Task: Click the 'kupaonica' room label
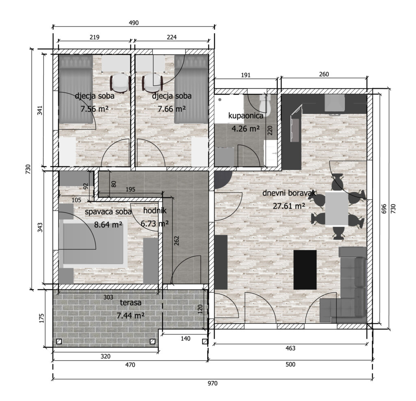tap(246, 116)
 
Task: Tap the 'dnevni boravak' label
tap(289, 193)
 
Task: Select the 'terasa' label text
tap(130, 303)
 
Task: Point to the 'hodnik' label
tap(155, 210)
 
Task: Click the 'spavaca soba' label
tap(108, 212)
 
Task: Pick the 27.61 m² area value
tap(289, 206)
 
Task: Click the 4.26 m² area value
tap(245, 129)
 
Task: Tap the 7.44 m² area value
tap(130, 316)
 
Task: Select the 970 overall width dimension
tap(212, 383)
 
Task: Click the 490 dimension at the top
tap(134, 23)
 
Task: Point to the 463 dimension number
tap(290, 348)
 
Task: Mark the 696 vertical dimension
tap(384, 209)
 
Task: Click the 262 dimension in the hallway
tap(177, 241)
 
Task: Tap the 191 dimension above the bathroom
tap(246, 75)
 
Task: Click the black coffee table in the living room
tap(305, 270)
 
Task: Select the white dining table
tap(337, 208)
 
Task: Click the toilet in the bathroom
tap(264, 106)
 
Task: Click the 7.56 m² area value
tap(94, 109)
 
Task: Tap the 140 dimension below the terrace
tap(186, 338)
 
